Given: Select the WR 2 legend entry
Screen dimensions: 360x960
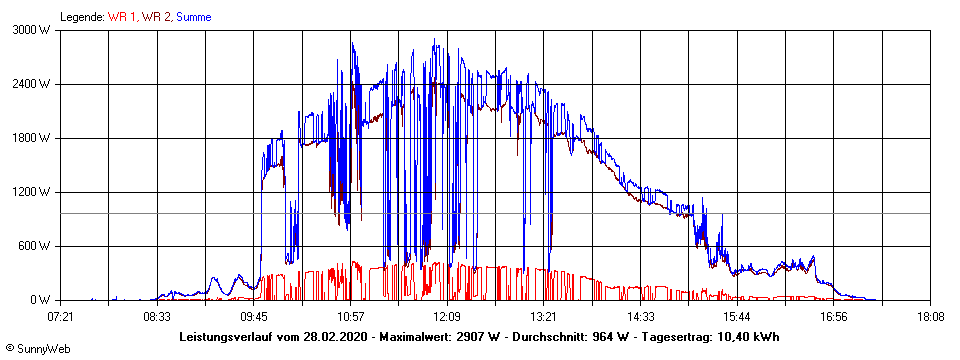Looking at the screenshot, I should pos(157,17).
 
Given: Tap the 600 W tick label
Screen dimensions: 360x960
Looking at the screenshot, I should pos(37,246).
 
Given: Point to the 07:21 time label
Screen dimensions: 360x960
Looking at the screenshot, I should pos(61,317).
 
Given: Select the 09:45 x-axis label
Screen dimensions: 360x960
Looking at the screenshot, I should pos(254,317).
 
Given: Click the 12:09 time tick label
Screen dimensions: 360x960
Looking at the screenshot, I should pos(447,317).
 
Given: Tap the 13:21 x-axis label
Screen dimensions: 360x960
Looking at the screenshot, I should pos(543,317).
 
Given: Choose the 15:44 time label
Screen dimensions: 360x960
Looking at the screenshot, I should pos(737,317).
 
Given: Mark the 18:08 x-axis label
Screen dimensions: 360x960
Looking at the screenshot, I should pos(930,317).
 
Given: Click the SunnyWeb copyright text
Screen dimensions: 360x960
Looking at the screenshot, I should pos(40,349).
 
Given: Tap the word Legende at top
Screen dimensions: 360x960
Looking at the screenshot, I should pos(82,17).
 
